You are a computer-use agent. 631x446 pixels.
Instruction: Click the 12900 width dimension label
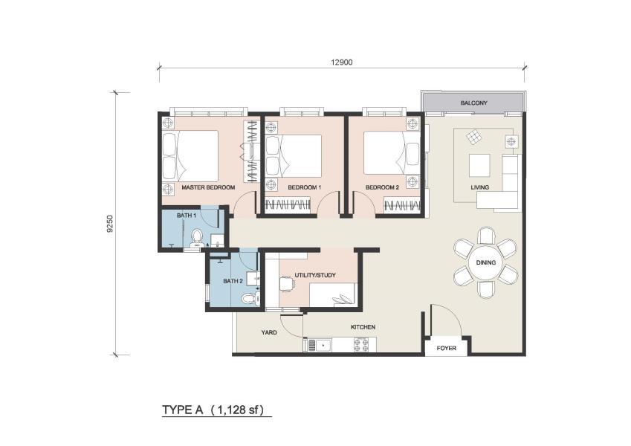tap(342, 62)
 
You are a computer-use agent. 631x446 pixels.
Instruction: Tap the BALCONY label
tap(473, 103)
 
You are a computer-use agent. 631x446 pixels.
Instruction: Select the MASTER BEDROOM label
tap(208, 187)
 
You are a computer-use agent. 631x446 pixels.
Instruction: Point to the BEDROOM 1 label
tap(304, 187)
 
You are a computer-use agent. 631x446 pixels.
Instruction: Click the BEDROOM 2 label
tap(383, 187)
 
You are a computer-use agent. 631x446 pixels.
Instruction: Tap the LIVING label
tap(479, 187)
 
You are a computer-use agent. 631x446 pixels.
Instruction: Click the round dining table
tap(486, 262)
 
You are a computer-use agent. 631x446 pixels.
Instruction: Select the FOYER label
tap(446, 347)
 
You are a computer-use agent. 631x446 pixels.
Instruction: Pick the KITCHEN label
tap(363, 327)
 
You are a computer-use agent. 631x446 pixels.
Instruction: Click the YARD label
tap(269, 332)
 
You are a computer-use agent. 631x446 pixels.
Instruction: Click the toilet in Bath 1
tap(197, 236)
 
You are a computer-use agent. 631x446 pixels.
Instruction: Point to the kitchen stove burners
tap(362, 344)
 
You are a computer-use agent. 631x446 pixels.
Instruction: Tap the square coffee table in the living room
tap(479, 164)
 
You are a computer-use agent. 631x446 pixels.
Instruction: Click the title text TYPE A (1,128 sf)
tap(216, 410)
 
